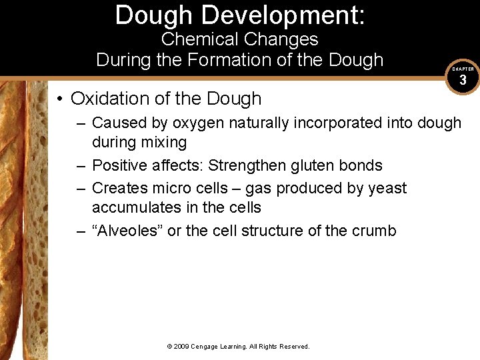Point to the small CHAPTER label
pos(463,69)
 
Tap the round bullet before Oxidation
pos(60,99)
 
